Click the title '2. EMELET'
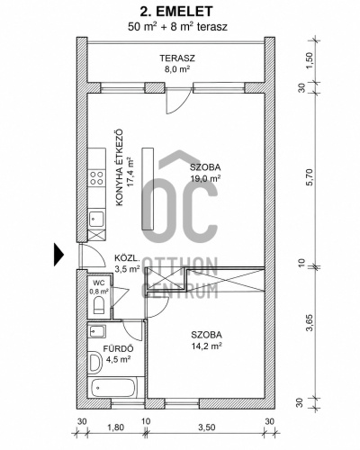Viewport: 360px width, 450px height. click(176, 12)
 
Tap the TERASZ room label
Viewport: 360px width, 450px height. click(177, 58)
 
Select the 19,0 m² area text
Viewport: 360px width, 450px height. click(206, 179)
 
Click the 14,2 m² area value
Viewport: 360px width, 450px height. click(206, 346)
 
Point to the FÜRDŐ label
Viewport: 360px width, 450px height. click(118, 349)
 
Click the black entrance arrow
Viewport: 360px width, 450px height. click(58, 255)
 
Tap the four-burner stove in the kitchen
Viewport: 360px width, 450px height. click(97, 178)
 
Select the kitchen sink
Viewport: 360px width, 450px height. click(96, 219)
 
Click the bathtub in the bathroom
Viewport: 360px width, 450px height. click(114, 388)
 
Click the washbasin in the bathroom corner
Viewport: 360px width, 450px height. click(96, 331)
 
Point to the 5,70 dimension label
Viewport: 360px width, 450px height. click(310, 177)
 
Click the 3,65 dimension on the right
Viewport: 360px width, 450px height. click(310, 322)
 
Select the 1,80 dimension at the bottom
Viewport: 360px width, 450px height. click(115, 427)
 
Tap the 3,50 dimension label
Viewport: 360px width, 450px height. click(206, 427)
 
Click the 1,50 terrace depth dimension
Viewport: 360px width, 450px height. click(310, 60)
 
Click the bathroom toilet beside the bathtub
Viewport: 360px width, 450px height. click(95, 363)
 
